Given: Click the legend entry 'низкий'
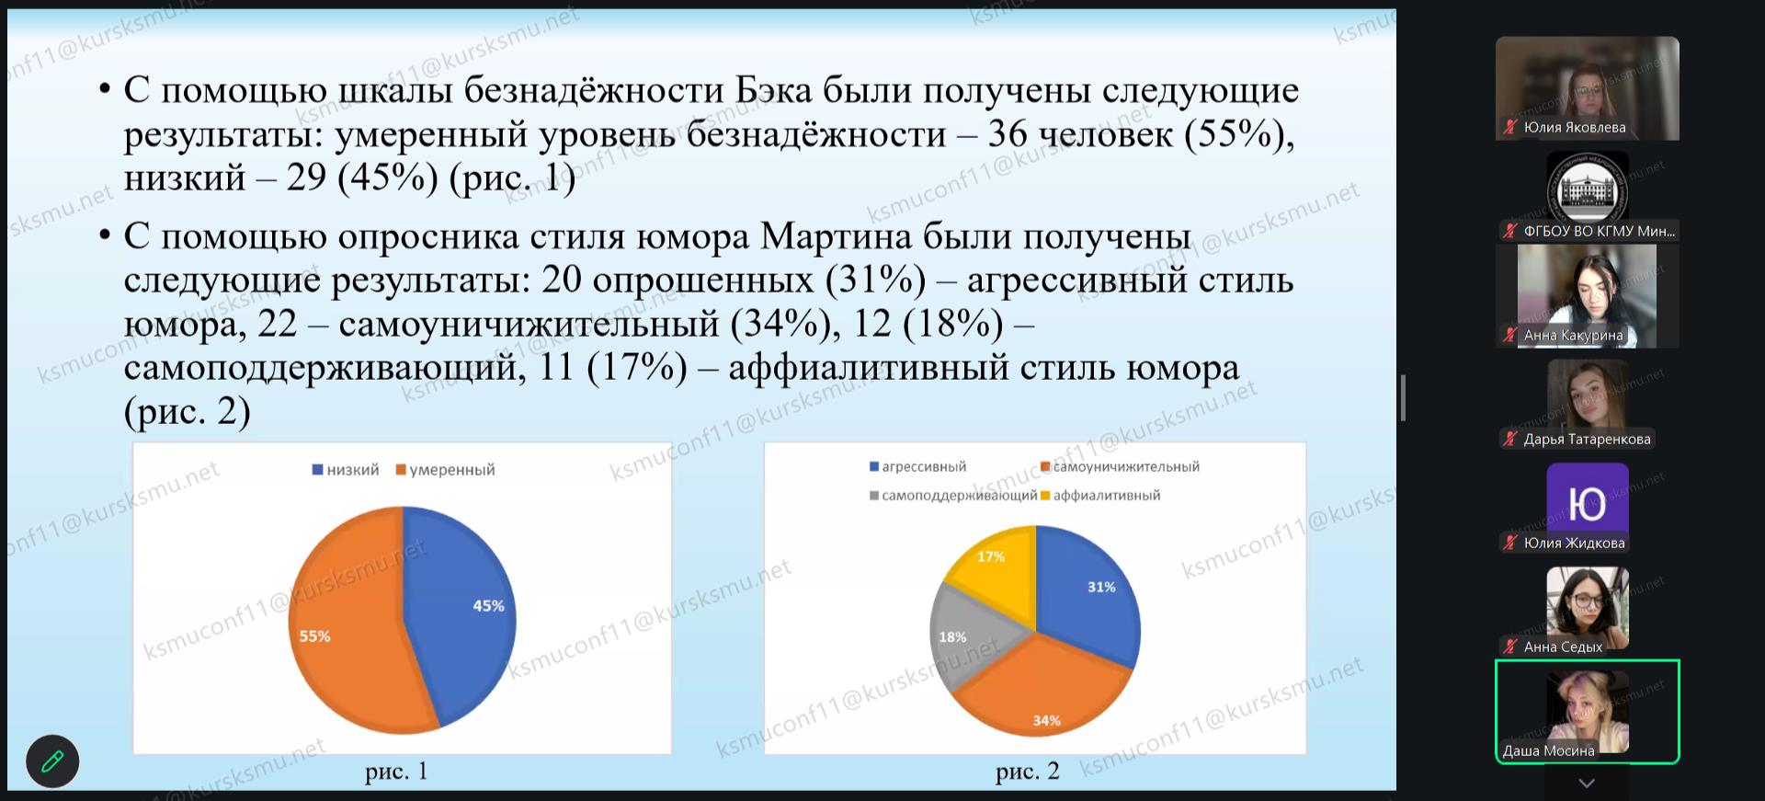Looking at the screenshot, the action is [346, 470].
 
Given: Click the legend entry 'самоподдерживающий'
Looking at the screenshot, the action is [953, 496].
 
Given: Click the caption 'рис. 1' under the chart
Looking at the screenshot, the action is [396, 772].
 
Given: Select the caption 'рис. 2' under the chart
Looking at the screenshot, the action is [1027, 772].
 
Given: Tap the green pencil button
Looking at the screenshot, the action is [52, 761].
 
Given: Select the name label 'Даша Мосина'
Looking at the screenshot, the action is [1548, 750].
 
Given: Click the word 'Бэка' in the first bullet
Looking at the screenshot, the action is [774, 90].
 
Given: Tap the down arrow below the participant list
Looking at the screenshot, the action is [1587, 784].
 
